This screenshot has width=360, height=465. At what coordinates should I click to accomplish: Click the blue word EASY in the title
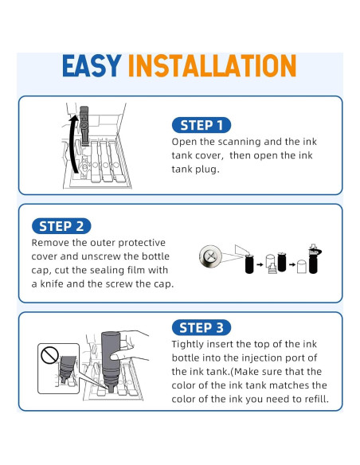(x=92, y=65)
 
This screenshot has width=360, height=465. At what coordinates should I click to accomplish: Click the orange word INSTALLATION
(x=212, y=65)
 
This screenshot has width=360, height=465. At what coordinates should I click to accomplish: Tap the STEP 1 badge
(x=202, y=125)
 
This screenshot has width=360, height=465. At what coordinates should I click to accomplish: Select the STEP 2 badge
(x=61, y=226)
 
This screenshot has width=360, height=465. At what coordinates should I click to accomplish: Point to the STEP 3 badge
(x=202, y=328)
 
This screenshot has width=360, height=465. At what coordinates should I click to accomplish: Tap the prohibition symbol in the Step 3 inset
(x=49, y=356)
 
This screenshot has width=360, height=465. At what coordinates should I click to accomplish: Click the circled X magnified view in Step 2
(x=210, y=256)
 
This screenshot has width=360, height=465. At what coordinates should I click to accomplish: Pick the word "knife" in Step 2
(x=52, y=283)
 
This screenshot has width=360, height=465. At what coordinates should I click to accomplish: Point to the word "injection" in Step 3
(x=262, y=358)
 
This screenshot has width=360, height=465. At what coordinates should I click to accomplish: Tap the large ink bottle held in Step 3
(x=112, y=361)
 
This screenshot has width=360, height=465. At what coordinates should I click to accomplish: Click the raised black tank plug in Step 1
(x=84, y=126)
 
